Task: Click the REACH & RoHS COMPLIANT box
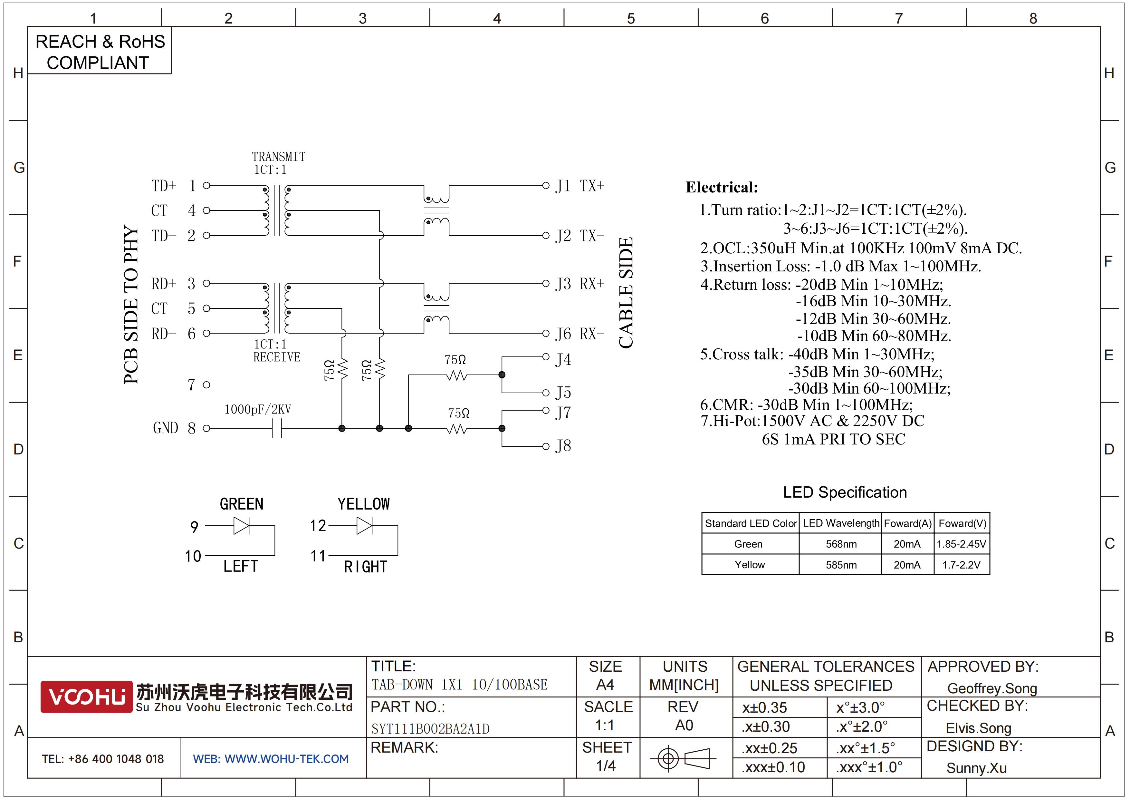tap(100, 51)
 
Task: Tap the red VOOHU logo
tap(86, 697)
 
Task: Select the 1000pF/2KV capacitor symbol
tap(277, 428)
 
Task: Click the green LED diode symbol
tap(242, 526)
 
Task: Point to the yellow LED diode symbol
tap(365, 526)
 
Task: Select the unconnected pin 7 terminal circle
tap(207, 385)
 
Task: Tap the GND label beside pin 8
tap(165, 428)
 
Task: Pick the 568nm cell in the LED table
tap(841, 544)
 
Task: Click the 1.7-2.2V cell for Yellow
tap(961, 565)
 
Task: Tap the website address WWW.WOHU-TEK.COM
tap(286, 759)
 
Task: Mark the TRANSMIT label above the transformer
tap(279, 157)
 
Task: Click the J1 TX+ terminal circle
tap(545, 186)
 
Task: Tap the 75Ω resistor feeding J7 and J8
tap(457, 429)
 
